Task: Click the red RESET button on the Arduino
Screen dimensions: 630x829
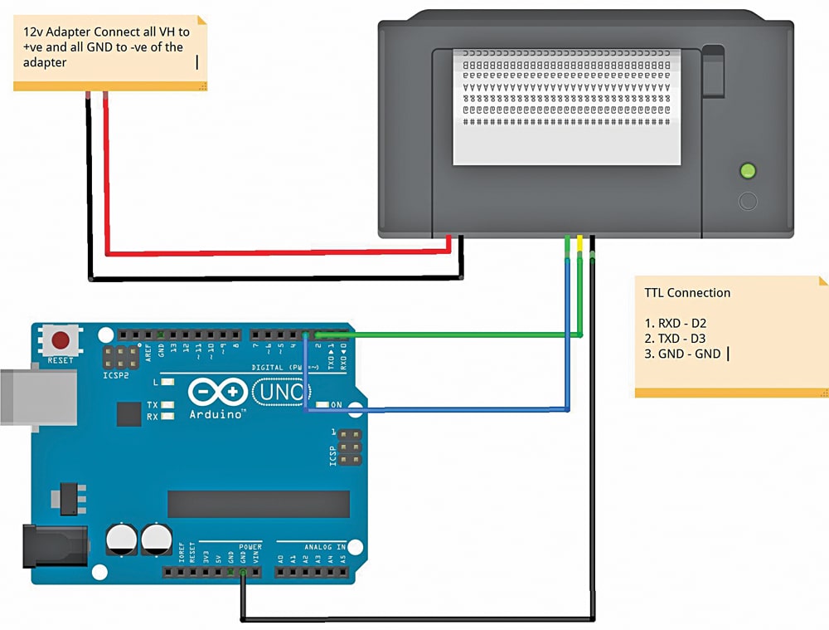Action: pyautogui.click(x=61, y=340)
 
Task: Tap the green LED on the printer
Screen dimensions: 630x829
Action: pyautogui.click(x=748, y=172)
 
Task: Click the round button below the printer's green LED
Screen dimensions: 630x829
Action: pyautogui.click(x=748, y=201)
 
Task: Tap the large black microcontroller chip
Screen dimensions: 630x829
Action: pyautogui.click(x=259, y=504)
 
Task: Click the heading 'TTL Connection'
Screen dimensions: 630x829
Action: pyautogui.click(x=687, y=293)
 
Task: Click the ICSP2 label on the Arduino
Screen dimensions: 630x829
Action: pyautogui.click(x=117, y=375)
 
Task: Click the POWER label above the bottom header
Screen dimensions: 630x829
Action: pyautogui.click(x=250, y=547)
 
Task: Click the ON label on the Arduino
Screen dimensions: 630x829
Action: pyautogui.click(x=337, y=405)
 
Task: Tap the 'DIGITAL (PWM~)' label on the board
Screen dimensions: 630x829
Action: pyautogui.click(x=280, y=366)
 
